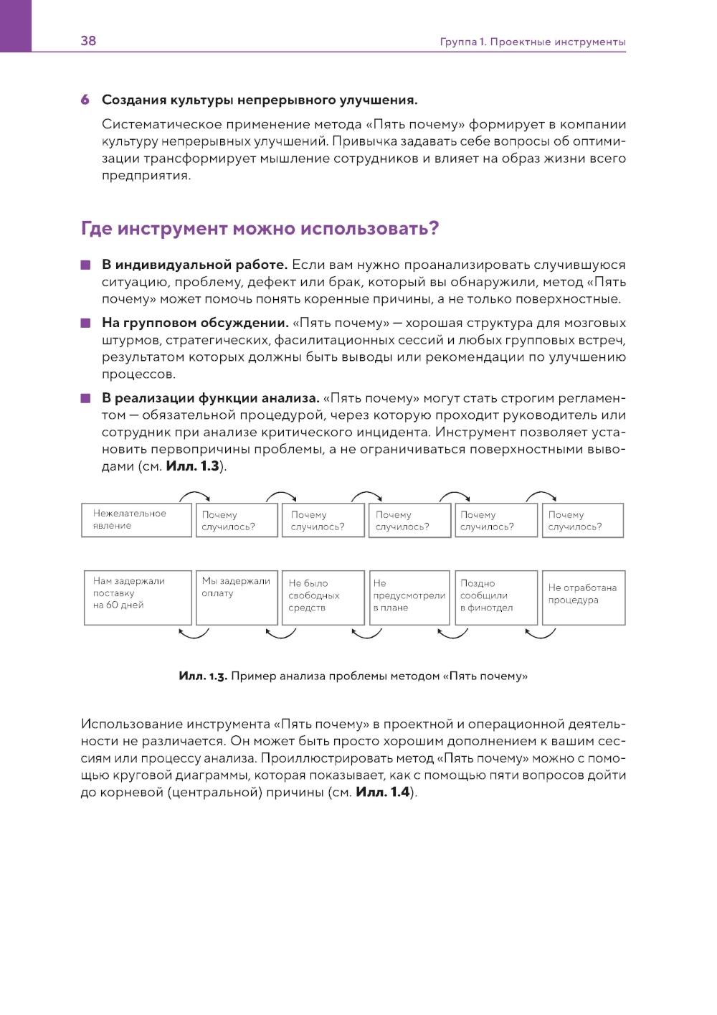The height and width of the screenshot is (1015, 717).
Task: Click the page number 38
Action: point(88,41)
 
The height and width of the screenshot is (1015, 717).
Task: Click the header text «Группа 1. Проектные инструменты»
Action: point(533,42)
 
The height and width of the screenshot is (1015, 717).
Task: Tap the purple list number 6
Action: point(85,100)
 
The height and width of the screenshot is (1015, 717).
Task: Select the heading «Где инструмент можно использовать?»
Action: point(260,229)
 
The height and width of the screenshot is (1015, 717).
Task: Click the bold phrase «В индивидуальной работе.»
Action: point(194,265)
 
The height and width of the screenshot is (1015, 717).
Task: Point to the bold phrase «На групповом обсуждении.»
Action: point(195,324)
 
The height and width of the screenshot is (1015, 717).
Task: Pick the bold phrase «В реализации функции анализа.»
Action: point(210,398)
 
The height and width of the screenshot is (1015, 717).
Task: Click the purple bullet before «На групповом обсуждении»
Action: point(86,324)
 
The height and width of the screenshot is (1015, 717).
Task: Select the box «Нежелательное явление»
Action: point(136,520)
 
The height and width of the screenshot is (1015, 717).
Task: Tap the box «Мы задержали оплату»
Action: point(237,598)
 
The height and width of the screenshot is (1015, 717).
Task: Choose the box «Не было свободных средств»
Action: point(323,598)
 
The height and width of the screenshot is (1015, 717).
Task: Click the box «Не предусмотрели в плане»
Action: point(409,598)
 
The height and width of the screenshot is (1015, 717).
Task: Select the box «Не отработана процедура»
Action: point(584,598)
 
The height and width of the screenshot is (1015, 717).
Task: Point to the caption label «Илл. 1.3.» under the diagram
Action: point(203,676)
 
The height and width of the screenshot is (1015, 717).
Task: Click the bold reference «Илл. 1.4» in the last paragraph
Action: point(382,793)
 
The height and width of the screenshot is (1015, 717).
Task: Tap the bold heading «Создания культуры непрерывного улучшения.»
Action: point(260,100)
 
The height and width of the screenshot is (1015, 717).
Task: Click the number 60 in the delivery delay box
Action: point(113,605)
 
